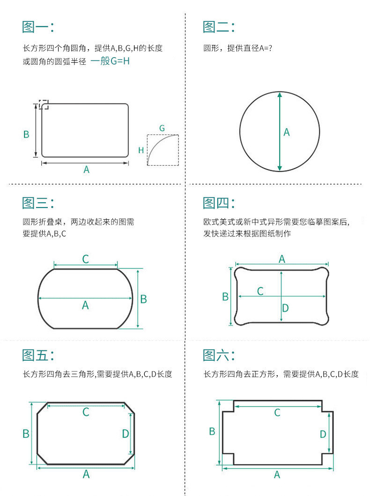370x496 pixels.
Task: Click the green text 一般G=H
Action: [110, 61]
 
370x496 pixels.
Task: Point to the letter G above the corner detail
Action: [162, 128]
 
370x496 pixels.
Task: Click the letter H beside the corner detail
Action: [141, 150]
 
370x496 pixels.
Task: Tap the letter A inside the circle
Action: [287, 132]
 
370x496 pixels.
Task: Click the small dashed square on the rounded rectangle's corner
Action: [44, 104]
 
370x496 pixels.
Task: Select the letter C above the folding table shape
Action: [85, 259]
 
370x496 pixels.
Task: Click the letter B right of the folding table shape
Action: [144, 299]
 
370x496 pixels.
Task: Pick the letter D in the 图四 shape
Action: [285, 308]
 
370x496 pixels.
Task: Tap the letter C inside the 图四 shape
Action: [260, 291]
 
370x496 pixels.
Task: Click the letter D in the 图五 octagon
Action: [126, 434]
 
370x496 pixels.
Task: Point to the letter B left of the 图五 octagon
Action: [26, 433]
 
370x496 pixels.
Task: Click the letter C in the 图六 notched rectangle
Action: [277, 413]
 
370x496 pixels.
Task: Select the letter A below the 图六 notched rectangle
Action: [277, 474]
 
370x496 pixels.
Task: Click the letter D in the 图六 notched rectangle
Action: [323, 434]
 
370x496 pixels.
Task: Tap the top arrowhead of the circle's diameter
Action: [280, 94]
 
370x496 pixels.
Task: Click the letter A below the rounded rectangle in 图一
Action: [86, 170]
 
